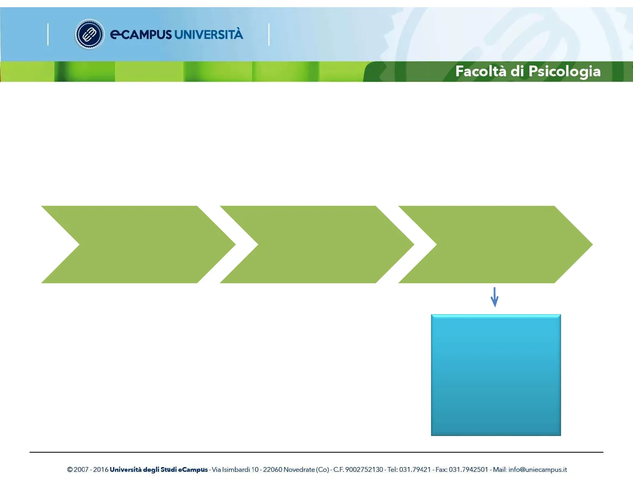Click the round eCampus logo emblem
click(90, 34)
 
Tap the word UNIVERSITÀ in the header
click(209, 34)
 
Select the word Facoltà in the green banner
click(481, 71)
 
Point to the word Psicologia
click(565, 72)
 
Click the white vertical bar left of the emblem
click(48, 34)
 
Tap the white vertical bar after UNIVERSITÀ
click(269, 34)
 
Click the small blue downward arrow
click(494, 297)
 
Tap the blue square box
click(496, 375)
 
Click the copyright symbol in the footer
click(70, 469)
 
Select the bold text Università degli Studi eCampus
click(159, 470)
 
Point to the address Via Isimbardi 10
click(235, 469)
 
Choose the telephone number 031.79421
click(415, 469)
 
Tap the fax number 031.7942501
click(468, 469)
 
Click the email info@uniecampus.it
click(538, 470)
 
